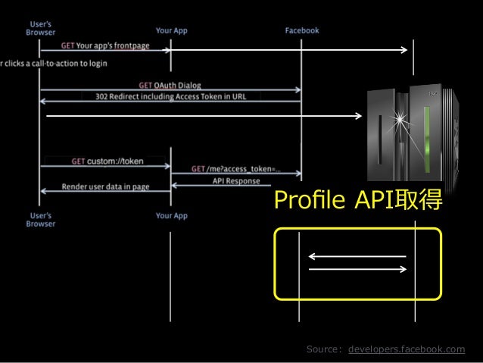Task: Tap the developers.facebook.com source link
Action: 407,349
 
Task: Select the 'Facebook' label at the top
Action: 301,31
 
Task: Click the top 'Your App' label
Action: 171,31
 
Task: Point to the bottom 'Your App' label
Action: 171,216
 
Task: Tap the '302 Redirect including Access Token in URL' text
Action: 171,97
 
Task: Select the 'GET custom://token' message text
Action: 108,162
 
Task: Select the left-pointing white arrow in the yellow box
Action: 357,257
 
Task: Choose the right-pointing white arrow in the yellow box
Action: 357,268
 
